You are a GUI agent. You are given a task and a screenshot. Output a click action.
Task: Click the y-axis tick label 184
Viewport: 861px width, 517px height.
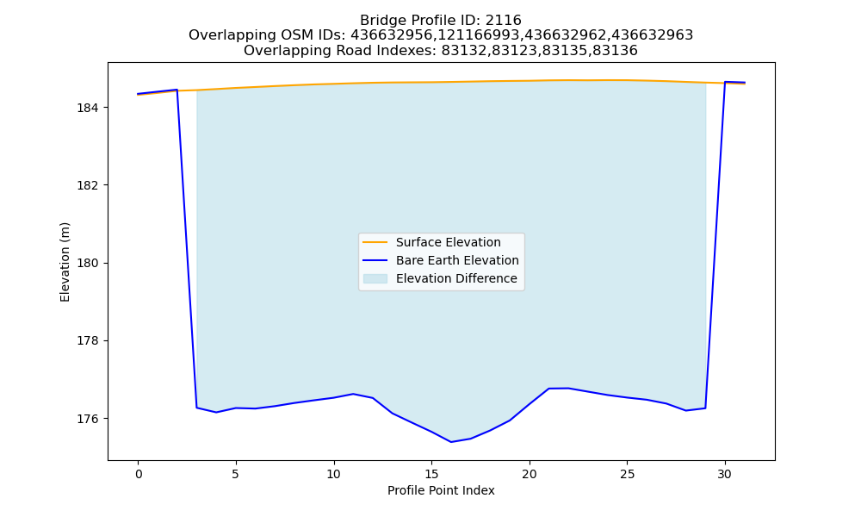click(87, 108)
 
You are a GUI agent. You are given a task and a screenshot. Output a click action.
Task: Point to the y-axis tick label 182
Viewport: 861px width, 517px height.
click(87, 185)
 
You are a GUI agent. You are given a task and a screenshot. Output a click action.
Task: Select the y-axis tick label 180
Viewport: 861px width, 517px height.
click(87, 263)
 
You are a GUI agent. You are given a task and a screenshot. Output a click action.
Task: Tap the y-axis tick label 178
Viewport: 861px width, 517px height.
click(87, 341)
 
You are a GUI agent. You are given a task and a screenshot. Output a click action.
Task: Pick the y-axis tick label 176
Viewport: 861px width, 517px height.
click(87, 420)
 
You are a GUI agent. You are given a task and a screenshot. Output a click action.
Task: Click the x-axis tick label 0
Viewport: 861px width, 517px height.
click(139, 474)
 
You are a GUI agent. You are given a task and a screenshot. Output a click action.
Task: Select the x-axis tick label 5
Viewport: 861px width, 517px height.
click(236, 474)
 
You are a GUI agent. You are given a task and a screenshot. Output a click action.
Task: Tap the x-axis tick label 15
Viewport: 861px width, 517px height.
click(431, 474)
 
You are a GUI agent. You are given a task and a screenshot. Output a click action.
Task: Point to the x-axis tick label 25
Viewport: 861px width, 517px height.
click(627, 474)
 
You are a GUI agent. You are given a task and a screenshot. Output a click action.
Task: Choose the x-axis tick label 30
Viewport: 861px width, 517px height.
click(725, 474)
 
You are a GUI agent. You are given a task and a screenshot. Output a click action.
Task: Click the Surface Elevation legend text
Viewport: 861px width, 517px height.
click(448, 242)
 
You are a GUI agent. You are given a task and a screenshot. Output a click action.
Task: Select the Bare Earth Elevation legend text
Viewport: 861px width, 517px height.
click(457, 260)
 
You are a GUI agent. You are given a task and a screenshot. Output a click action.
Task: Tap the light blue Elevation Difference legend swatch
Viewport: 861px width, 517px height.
click(375, 278)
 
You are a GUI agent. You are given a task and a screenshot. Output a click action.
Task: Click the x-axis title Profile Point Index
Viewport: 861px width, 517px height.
click(441, 490)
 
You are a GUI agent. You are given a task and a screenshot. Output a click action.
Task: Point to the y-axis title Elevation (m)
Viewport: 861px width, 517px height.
click(65, 262)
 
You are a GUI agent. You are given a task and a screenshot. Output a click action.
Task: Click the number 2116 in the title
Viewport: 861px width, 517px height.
click(504, 21)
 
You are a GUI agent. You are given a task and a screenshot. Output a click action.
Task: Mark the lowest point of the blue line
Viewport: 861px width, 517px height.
click(451, 442)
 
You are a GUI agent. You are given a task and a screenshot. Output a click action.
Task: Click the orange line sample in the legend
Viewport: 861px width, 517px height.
click(375, 242)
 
